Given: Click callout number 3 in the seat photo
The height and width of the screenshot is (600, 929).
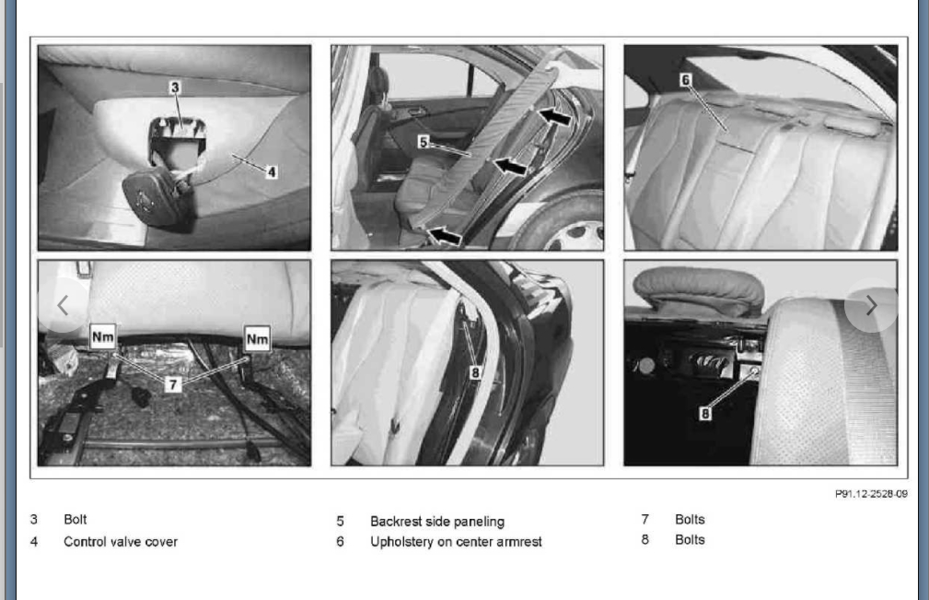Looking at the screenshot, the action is click(175, 88).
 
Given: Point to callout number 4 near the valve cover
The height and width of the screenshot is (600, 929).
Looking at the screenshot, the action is click(272, 172).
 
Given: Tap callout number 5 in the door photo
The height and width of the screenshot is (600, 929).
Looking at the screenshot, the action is click(423, 142).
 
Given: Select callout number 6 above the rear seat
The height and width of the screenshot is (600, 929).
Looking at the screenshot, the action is click(686, 80).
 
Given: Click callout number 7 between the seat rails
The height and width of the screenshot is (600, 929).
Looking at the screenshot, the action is click(172, 384).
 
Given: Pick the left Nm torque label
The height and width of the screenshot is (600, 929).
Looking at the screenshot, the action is click(102, 337).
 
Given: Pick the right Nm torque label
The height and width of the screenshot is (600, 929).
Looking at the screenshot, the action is click(257, 339).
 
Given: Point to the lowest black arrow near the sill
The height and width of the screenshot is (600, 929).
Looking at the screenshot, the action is click(445, 236).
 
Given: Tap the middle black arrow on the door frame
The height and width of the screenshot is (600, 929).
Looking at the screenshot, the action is click(509, 165).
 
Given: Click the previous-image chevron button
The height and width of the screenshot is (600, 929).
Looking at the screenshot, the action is click(63, 305).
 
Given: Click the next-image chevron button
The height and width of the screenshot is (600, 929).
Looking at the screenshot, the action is click(871, 306).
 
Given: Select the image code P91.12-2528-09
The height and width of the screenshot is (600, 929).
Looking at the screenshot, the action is click(871, 494).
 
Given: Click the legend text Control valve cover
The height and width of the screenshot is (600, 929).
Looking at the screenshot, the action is click(121, 542).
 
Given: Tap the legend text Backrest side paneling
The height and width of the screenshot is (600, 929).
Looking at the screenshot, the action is click(437, 522).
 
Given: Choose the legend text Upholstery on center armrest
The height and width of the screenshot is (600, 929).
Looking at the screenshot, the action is click(456, 542).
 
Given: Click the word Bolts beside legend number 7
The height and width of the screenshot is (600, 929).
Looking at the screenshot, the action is click(690, 520).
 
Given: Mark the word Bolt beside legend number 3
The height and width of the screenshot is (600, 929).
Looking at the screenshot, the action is click(75, 520).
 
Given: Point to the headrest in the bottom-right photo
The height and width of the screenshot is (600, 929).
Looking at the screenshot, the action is click(699, 290).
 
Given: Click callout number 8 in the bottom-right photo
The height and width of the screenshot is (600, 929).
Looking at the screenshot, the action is click(705, 413).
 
